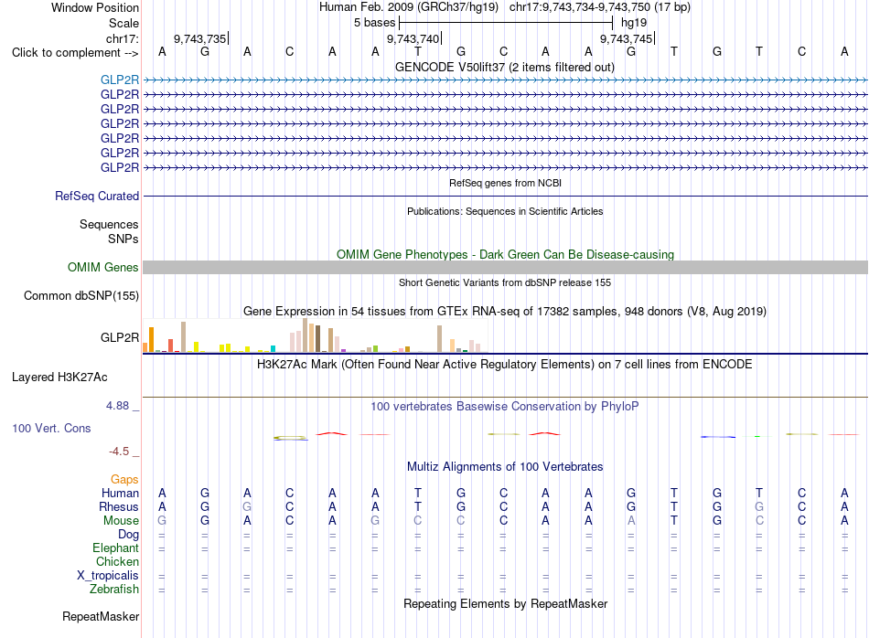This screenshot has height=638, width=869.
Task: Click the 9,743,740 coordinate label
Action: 413,38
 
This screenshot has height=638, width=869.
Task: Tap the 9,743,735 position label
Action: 199,38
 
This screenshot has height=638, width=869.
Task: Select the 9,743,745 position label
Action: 626,38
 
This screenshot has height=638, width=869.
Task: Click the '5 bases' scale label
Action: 375,23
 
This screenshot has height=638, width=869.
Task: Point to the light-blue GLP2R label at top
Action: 120,80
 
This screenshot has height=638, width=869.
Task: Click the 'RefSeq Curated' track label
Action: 97,196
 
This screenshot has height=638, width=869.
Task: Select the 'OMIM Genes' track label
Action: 103,268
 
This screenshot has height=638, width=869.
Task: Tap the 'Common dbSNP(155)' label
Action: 81,296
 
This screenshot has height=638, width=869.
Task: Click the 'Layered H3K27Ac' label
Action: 59,377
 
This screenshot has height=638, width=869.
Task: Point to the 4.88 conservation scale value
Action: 117,406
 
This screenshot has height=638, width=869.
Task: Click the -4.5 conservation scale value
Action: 119,452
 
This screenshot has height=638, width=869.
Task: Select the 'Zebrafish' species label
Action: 114,590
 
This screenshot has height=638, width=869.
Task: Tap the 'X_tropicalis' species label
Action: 108,576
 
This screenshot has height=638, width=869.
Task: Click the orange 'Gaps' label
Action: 124,479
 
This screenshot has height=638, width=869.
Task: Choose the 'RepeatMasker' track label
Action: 101,616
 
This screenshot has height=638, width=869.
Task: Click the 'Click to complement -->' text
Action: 75,53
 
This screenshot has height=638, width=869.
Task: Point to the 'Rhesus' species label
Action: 119,506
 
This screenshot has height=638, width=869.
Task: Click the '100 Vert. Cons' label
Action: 51,428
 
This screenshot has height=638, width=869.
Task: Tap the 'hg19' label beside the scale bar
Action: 634,23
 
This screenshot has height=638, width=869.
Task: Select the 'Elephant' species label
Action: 116,548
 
